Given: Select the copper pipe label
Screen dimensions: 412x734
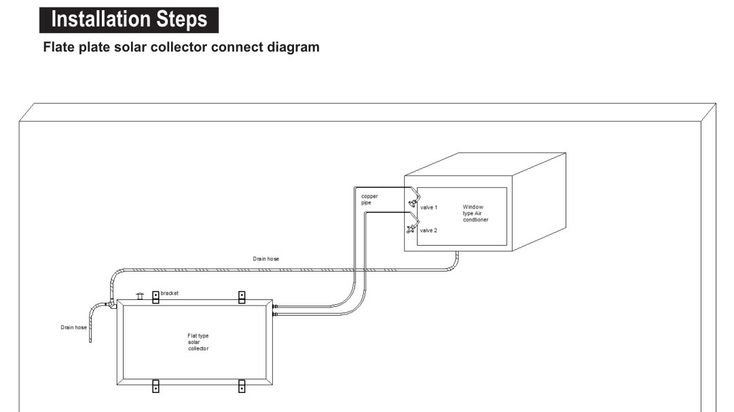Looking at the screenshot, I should [369, 200].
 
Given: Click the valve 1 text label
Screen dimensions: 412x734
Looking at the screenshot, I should [428, 208].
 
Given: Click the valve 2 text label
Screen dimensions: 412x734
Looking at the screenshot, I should [428, 231].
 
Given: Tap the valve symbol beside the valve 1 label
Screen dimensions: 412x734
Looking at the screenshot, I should [411, 203].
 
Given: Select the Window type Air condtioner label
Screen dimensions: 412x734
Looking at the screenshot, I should [475, 213].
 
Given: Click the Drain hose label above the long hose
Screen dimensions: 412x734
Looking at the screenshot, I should [265, 259].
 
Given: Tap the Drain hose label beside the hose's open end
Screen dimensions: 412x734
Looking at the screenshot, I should [73, 328].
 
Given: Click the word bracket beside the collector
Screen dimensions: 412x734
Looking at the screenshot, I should [170, 294].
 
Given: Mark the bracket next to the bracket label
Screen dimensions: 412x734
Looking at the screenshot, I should [155, 297].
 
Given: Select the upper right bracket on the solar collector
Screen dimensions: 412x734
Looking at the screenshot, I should [242, 297].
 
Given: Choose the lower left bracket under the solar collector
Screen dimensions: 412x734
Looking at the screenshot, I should [155, 386].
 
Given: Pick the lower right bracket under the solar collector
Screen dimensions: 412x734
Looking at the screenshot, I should [242, 386].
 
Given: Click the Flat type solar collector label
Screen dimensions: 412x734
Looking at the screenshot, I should [198, 342].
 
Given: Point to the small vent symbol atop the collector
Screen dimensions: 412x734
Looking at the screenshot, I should [140, 296].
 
